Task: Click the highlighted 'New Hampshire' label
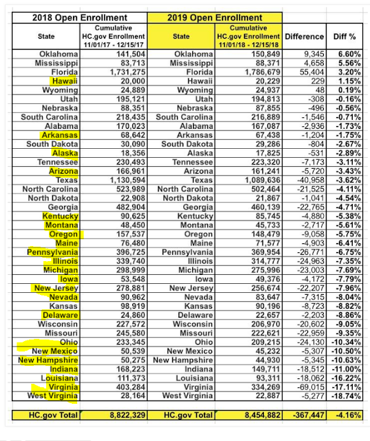(45, 360)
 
